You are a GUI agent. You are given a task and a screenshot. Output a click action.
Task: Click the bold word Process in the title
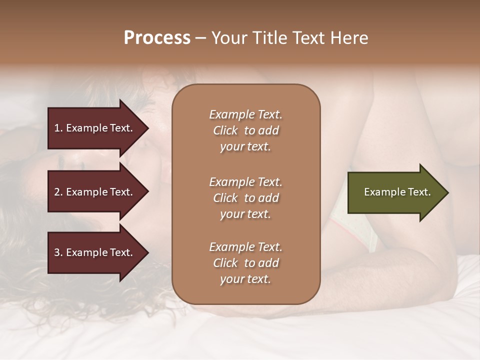tap(157, 38)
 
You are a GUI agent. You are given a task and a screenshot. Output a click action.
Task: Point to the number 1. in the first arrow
tap(58, 128)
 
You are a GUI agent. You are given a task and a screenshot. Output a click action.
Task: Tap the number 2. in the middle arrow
tap(58, 192)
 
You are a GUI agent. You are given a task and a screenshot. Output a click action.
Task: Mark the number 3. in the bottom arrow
tap(58, 252)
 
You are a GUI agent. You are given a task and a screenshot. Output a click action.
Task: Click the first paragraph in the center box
tap(245, 130)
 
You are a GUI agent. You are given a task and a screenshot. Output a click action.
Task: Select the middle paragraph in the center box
tap(245, 198)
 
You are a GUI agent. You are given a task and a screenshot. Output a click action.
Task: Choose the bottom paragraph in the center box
tap(245, 263)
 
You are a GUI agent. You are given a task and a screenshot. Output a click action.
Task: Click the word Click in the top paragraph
tap(225, 130)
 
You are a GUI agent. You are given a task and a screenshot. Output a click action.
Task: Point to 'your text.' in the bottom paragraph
tap(245, 279)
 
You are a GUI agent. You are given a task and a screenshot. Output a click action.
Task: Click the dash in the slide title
tap(200, 38)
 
